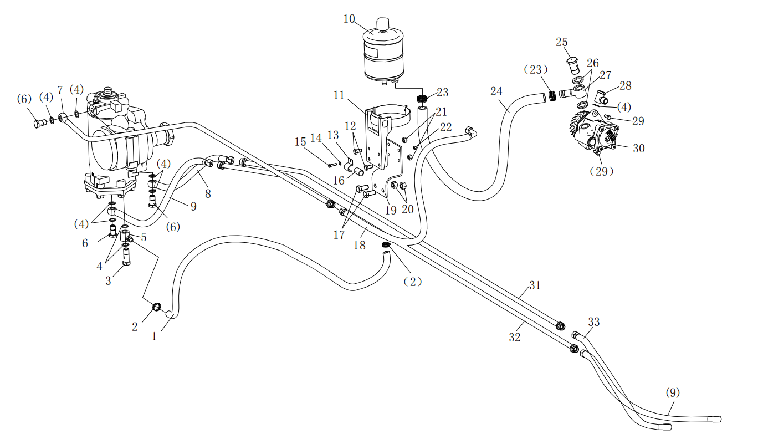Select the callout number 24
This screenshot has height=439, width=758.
coord(496,90)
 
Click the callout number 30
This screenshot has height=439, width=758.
coord(639,149)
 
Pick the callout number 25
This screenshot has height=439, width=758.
coord(562,42)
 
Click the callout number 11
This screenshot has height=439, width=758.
coord(340,95)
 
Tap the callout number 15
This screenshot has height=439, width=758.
coord(300,142)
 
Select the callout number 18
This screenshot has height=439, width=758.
coord(360,245)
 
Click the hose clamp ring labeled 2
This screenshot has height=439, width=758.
coord(157,307)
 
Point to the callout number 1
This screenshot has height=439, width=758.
coord(155,336)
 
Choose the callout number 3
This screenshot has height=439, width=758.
coord(108,281)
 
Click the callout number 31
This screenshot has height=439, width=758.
coord(534,286)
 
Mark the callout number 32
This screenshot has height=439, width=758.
coord(515,337)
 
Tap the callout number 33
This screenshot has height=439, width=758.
coord(594,322)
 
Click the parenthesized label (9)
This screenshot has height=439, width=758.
coord(673,393)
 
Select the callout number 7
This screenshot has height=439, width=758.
coord(60,90)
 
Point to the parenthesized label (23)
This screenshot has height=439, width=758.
coord(536,70)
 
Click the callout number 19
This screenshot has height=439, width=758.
coord(391,210)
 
